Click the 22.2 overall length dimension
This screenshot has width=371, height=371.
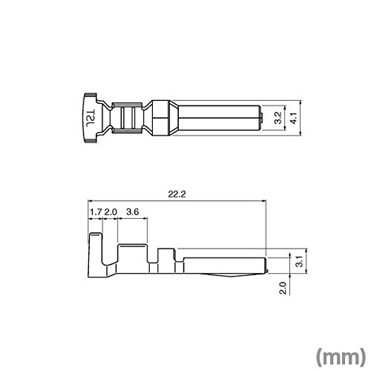tap(177, 194)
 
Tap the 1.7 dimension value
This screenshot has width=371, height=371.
tap(96, 212)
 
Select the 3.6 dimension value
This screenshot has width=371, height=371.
tap(133, 212)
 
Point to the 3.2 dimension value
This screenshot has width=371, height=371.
tap(278, 117)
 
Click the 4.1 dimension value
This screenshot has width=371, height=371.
tap(293, 118)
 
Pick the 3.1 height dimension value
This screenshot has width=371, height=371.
tap(300, 261)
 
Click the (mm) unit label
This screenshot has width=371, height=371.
tap(341, 357)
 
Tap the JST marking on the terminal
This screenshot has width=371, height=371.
tap(91, 118)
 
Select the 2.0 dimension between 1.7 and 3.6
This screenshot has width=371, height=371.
tap(111, 212)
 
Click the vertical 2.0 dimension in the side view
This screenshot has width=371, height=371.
tap(283, 288)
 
